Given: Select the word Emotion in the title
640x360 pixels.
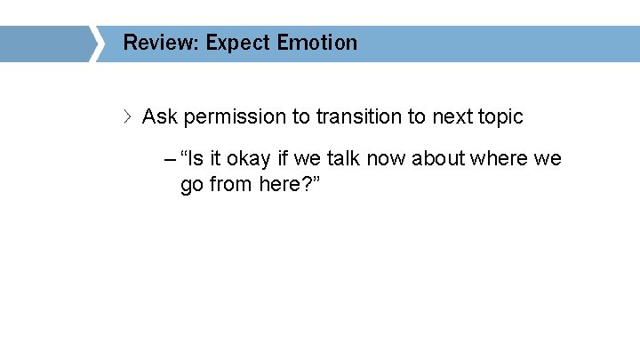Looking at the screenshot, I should pos(317,43).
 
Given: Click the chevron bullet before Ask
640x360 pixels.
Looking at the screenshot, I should pos(129,116).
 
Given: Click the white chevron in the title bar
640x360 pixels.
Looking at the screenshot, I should pos(96,44).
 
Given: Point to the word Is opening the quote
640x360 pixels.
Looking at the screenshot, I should pos(195,159).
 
